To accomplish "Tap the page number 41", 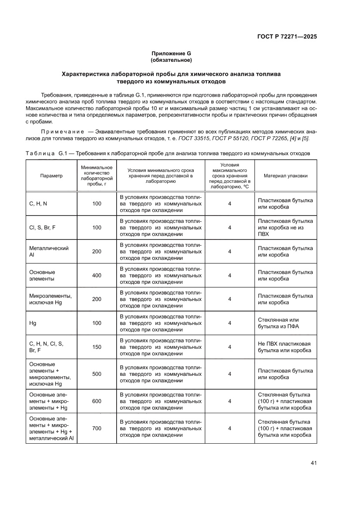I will (313, 462).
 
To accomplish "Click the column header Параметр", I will (51, 176).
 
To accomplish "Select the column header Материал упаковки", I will (286, 176).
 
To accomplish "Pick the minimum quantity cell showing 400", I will (97, 275).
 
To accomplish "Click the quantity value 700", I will (97, 428).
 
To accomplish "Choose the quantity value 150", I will (97, 347).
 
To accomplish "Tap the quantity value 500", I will (97, 374).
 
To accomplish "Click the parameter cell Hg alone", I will (33, 323).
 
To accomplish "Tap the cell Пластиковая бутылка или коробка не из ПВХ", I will (285, 227).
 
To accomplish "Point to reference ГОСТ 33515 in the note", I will (197, 138).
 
